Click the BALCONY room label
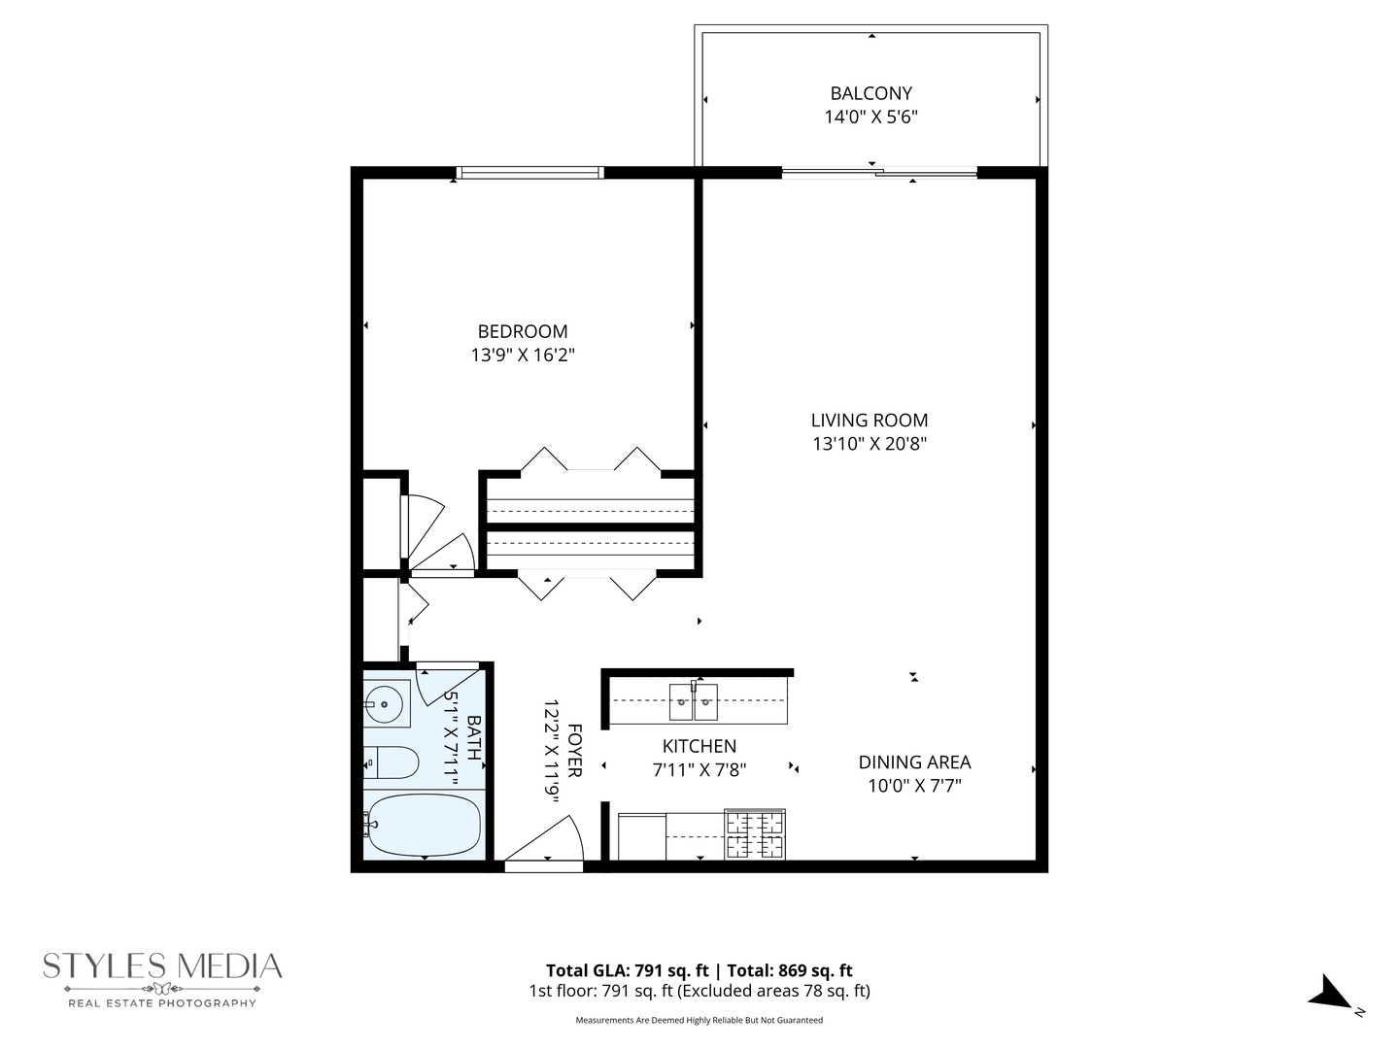(x=870, y=93)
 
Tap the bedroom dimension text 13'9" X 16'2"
(x=523, y=355)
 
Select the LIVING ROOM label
(x=870, y=421)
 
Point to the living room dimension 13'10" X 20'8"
(x=870, y=444)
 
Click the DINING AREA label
(x=914, y=762)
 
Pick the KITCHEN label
(x=699, y=746)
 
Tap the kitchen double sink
(x=694, y=702)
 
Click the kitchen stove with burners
(x=755, y=834)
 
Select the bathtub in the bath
(x=424, y=826)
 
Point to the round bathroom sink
(x=386, y=704)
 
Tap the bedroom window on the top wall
(x=529, y=173)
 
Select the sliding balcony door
(x=879, y=174)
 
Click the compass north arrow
(x=1330, y=994)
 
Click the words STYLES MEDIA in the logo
(x=162, y=966)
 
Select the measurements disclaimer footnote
(x=699, y=1020)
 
